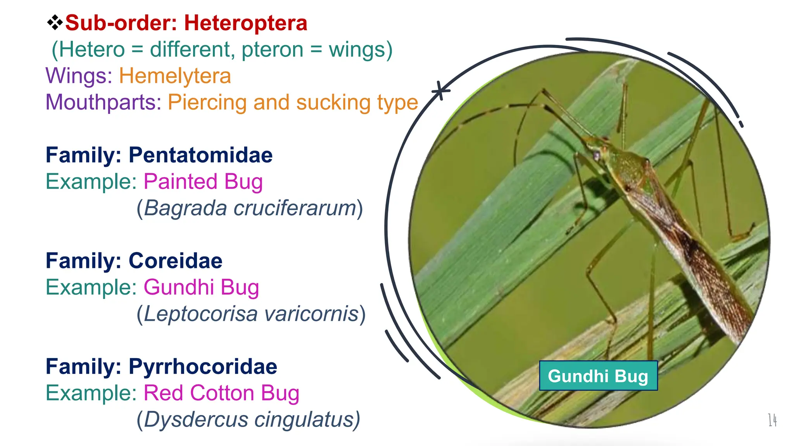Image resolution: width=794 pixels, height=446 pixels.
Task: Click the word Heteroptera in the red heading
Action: tap(245, 23)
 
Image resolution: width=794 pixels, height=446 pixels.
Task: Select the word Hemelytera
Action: tap(175, 75)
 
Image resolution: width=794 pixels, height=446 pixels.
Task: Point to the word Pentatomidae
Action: tap(200, 155)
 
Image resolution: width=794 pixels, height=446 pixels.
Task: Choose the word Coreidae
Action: tap(175, 261)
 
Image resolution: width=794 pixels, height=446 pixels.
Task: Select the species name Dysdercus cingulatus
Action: tap(249, 419)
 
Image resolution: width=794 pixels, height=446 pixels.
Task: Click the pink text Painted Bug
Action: tap(203, 182)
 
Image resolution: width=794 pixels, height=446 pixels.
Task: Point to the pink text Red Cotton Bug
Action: tap(221, 393)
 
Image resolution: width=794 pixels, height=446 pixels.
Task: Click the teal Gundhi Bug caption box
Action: tap(598, 376)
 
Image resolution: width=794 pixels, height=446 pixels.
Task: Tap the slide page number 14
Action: tap(772, 420)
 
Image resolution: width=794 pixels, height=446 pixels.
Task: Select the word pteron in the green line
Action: tap(272, 50)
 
